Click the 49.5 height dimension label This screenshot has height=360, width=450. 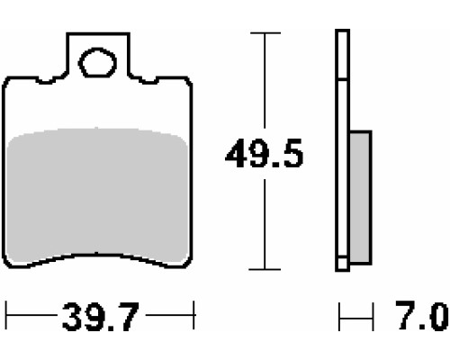pos(265,153)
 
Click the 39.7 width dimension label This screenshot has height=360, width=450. pos(101,316)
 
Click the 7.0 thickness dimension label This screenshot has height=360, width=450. pos(422,315)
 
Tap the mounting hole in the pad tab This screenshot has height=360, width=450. pos(97,62)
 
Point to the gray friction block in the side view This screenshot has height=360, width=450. pos(361,197)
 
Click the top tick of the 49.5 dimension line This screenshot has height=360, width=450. pos(265,33)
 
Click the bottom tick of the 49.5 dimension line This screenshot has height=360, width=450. pos(265,269)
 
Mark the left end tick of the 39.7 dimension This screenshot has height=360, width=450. pos(6,315)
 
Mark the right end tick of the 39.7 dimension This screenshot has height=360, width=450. pos(194,315)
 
